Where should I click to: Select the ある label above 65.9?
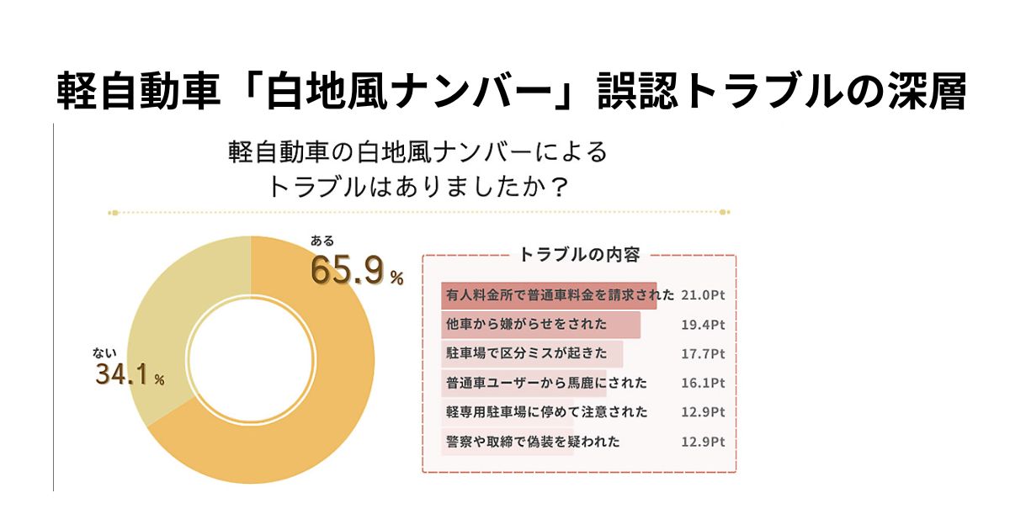click(x=322, y=241)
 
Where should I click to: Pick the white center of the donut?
click(x=250, y=359)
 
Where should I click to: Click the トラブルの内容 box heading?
click(x=579, y=254)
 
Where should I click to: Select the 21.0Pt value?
click(x=703, y=295)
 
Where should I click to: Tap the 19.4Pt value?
click(x=703, y=325)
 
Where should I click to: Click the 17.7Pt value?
click(x=703, y=354)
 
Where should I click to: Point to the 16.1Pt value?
click(x=703, y=383)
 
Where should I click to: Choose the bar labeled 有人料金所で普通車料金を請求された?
click(x=548, y=295)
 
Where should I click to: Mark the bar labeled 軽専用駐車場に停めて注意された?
click(x=514, y=412)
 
